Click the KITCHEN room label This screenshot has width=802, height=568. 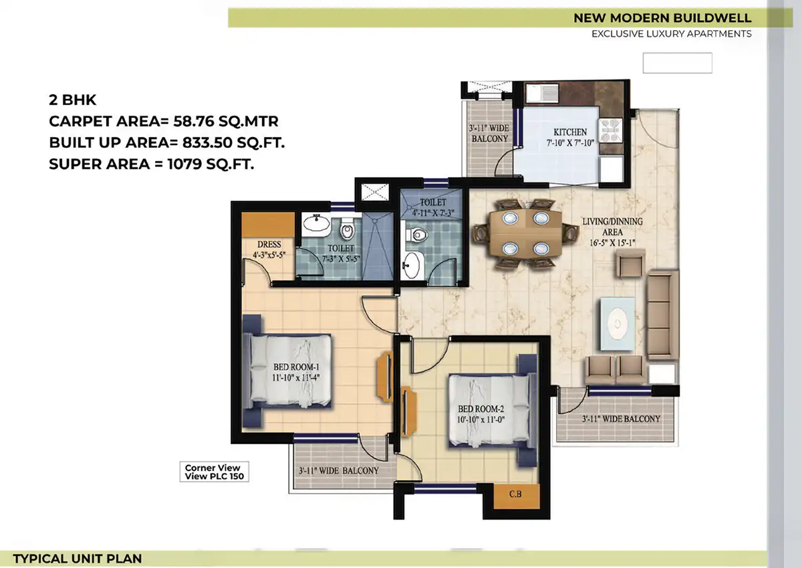[570, 132]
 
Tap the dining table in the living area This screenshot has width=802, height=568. [525, 233]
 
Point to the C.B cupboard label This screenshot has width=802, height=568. [515, 494]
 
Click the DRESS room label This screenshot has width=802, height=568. [269, 244]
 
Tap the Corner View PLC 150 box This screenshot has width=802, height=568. [214, 472]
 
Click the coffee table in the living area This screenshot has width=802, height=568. [618, 324]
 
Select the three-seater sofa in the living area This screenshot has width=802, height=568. [663, 314]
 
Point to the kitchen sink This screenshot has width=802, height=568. [542, 93]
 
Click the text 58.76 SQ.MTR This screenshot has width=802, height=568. [226, 121]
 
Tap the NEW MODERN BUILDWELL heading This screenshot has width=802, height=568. [662, 18]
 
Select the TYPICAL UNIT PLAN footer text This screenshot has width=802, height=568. [78, 559]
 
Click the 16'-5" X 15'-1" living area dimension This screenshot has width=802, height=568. [612, 243]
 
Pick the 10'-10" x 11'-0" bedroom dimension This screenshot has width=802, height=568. [481, 419]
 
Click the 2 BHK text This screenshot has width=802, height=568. [73, 100]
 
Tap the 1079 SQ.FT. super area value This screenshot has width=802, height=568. [211, 164]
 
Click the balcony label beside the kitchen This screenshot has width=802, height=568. [489, 133]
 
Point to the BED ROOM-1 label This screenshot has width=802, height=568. [296, 367]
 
